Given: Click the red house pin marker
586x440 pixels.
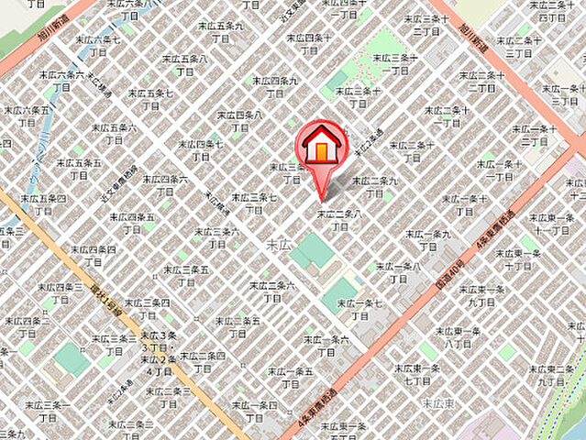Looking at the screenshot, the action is pos(320,147).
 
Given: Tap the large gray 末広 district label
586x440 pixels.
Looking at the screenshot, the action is pos(278,245).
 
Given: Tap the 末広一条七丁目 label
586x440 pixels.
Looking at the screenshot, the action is pos(359,309).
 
